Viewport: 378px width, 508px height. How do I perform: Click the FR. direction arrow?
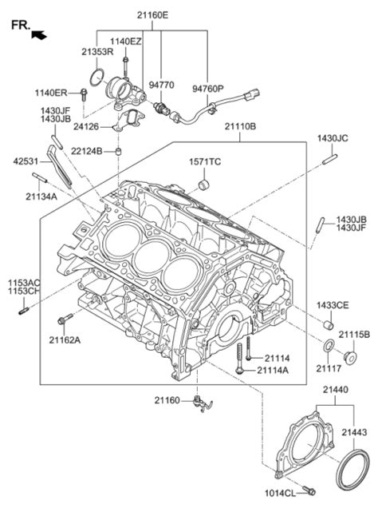(38, 34)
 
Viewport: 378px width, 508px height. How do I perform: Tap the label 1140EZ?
(125, 41)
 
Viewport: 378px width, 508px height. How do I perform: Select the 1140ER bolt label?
(50, 93)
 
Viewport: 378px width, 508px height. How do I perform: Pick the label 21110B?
(239, 126)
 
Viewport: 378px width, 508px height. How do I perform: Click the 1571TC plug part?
(203, 186)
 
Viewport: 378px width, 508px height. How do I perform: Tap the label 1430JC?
(333, 138)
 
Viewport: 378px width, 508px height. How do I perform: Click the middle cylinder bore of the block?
(151, 256)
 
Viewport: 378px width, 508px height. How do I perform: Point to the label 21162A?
(65, 340)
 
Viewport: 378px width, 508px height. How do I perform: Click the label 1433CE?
(332, 305)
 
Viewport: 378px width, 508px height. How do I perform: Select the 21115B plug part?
(348, 353)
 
